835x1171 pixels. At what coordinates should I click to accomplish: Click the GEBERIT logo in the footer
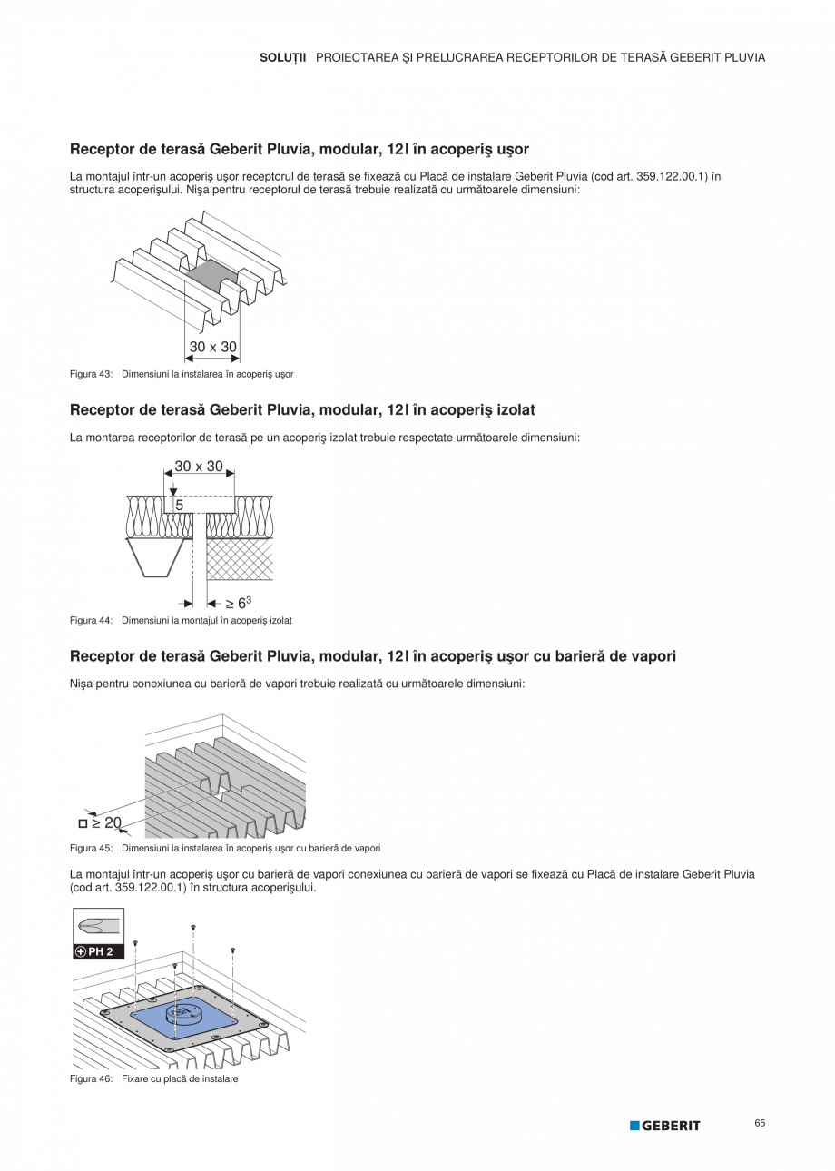click(x=665, y=1126)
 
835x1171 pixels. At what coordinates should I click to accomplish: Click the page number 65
click(x=760, y=1123)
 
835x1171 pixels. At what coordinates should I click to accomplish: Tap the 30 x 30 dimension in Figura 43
click(x=212, y=347)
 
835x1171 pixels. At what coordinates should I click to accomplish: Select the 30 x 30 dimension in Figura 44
click(x=199, y=467)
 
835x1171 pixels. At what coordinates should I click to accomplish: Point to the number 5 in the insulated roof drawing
click(x=180, y=504)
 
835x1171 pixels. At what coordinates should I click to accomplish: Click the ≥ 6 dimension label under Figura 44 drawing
click(x=238, y=602)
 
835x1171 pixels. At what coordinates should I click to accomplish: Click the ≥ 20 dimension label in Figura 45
click(x=106, y=822)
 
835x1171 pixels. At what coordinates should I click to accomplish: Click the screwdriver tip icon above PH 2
click(x=98, y=926)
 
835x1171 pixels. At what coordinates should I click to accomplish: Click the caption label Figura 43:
click(x=91, y=374)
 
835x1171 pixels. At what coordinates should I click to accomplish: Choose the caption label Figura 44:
click(x=91, y=620)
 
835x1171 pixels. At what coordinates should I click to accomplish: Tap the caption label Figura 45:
click(x=91, y=848)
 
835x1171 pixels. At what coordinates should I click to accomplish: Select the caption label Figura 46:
click(x=91, y=1078)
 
